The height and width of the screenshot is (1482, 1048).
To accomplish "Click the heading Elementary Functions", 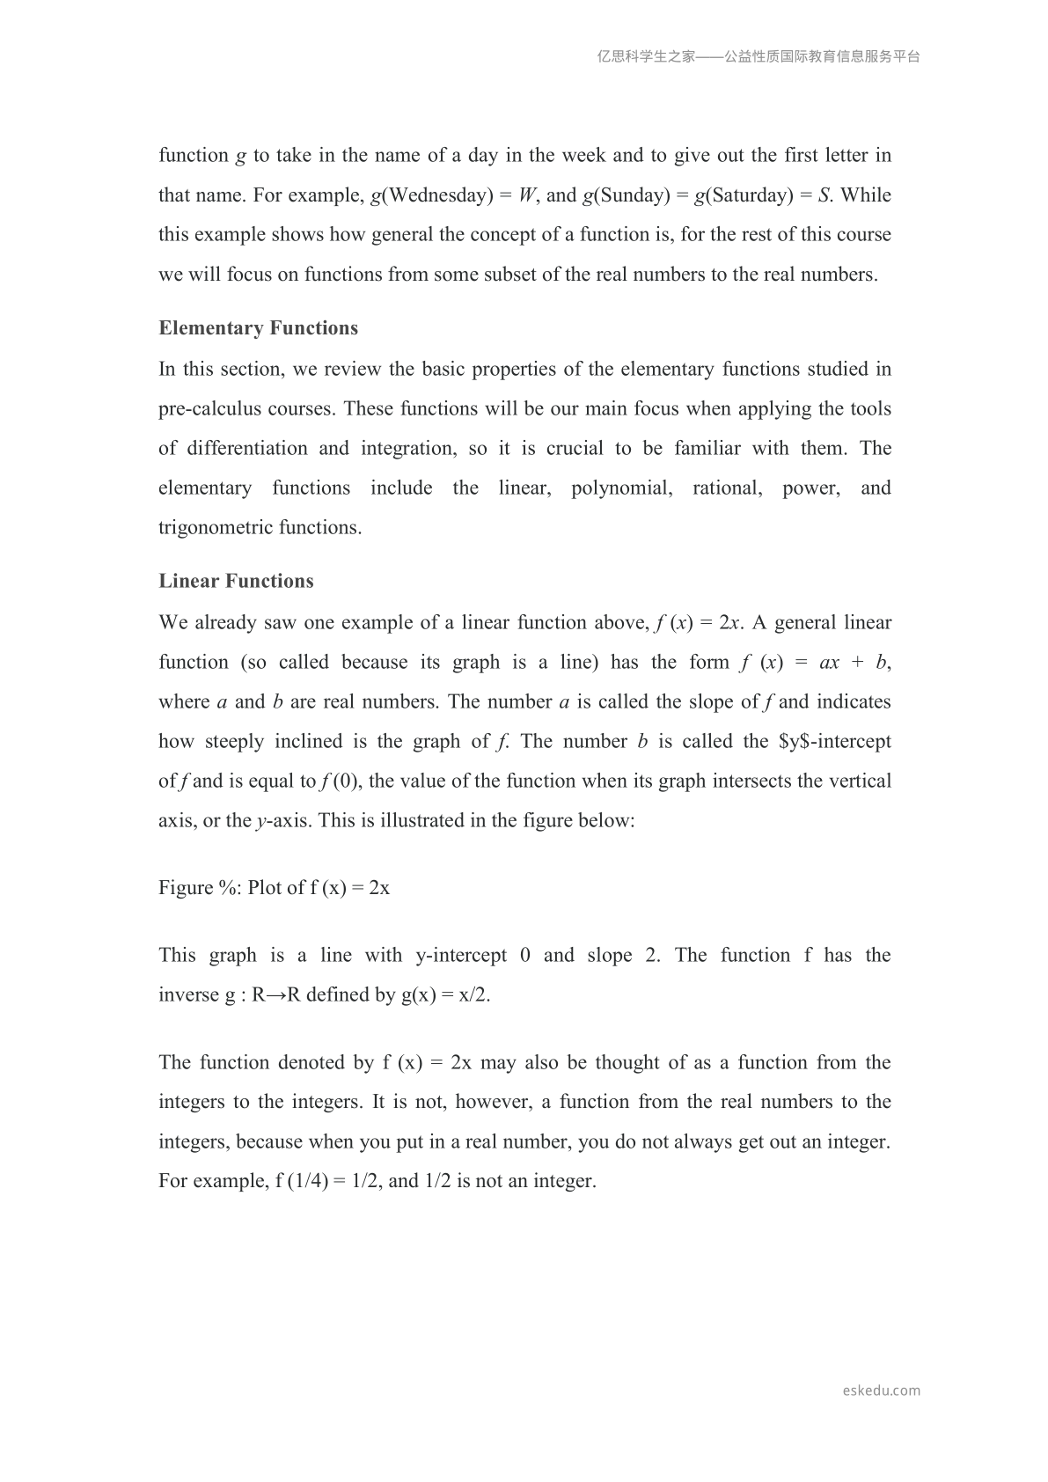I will (258, 328).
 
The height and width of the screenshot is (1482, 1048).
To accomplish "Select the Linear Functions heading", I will (236, 581).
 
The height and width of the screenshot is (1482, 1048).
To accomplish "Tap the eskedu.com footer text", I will (881, 1390).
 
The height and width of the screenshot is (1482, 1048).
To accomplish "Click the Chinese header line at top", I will (759, 56).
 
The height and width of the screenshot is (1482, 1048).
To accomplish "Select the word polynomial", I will (621, 488).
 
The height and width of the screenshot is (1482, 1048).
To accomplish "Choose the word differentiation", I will (246, 449).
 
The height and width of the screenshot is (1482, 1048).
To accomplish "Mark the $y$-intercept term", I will (835, 742).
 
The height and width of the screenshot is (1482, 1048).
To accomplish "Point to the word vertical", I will (858, 781).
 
